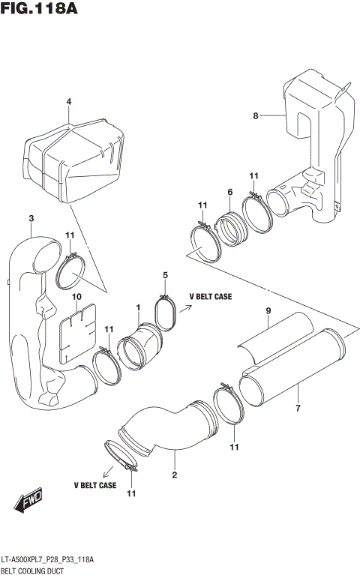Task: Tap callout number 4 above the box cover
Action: (x=68, y=102)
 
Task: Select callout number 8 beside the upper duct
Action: (x=255, y=115)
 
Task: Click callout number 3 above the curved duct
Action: (x=31, y=218)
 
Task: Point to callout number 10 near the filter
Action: (x=76, y=298)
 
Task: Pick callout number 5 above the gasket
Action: (x=165, y=276)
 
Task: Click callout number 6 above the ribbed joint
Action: (x=229, y=193)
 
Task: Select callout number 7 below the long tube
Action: (x=297, y=409)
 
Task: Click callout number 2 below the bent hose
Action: (x=174, y=475)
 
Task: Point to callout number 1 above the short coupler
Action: (x=138, y=307)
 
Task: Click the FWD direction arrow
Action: (x=28, y=500)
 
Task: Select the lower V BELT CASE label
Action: (x=94, y=486)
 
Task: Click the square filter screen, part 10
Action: (x=78, y=329)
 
